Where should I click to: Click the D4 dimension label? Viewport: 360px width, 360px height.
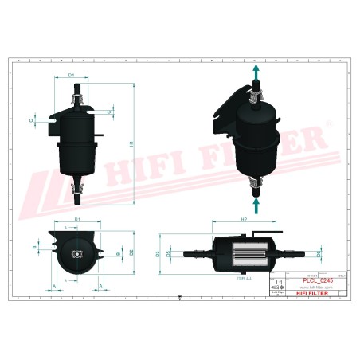click(x=71, y=75)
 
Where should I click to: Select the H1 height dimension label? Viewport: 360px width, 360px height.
click(x=130, y=144)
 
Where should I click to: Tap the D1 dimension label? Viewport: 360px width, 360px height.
click(x=77, y=218)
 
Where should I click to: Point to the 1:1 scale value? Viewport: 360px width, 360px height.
click(x=277, y=282)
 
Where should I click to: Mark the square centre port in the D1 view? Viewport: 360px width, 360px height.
click(x=76, y=253)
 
